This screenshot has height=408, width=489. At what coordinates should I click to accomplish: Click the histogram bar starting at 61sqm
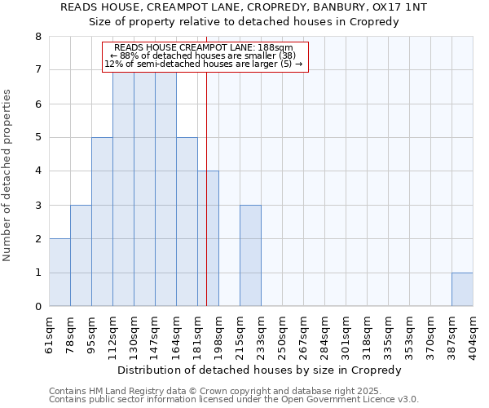pos(59,273)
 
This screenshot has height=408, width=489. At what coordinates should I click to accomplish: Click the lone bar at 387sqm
pos(462,290)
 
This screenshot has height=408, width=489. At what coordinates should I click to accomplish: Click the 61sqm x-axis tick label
pos(49,333)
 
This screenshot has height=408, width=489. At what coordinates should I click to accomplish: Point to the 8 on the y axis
pos(37,37)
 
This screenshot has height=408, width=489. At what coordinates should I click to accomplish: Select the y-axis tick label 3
pos(37,205)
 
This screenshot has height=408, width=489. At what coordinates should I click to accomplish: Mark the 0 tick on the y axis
pos(37,307)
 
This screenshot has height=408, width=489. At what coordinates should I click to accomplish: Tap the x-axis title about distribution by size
pos(260,370)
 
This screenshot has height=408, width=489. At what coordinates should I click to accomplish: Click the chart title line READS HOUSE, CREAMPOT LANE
pos(244,7)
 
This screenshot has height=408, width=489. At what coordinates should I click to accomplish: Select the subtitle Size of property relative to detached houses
pos(244,22)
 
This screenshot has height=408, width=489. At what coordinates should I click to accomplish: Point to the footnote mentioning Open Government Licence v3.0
pos(234,400)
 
